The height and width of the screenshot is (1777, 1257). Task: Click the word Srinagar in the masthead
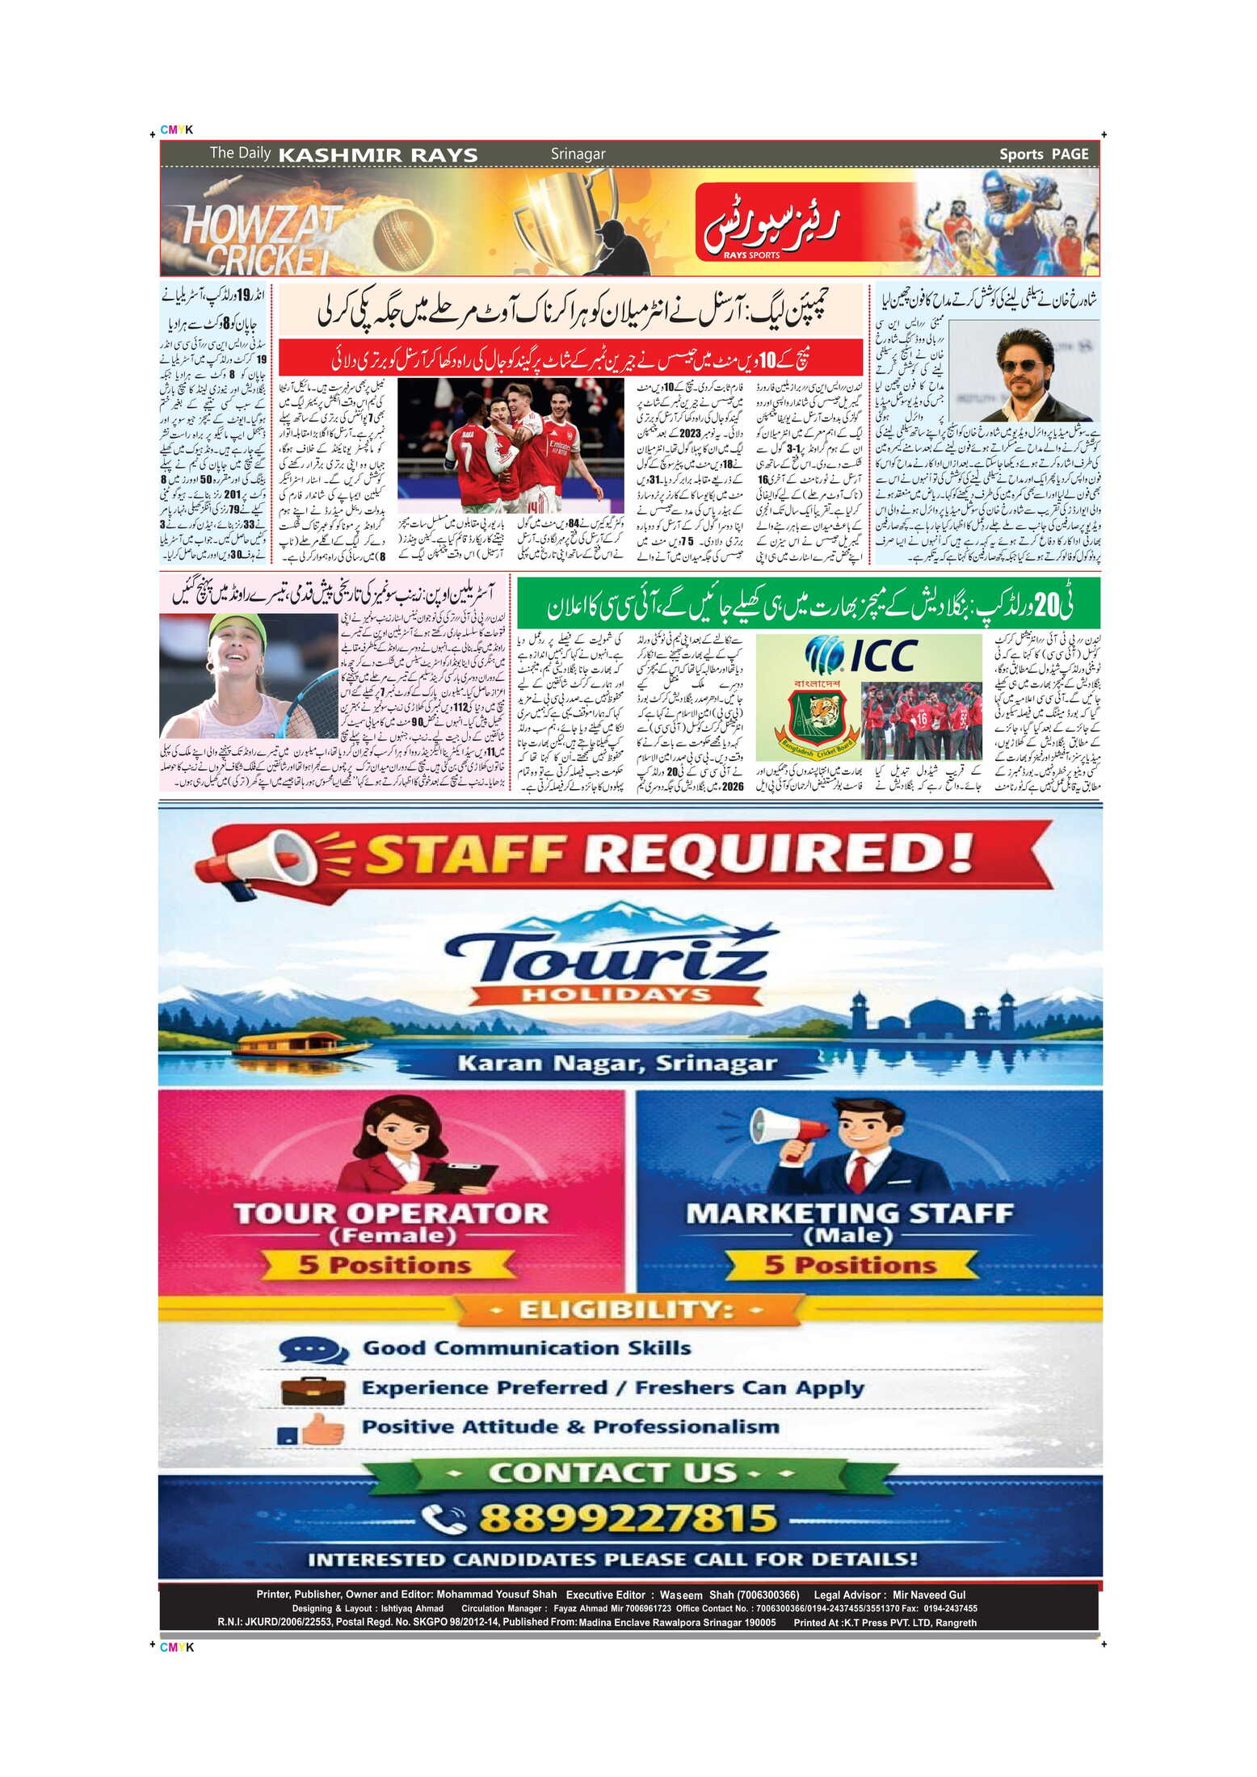pos(578,153)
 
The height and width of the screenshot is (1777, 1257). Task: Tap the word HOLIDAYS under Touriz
pos(616,994)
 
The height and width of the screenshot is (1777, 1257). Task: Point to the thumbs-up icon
pos(315,1430)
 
